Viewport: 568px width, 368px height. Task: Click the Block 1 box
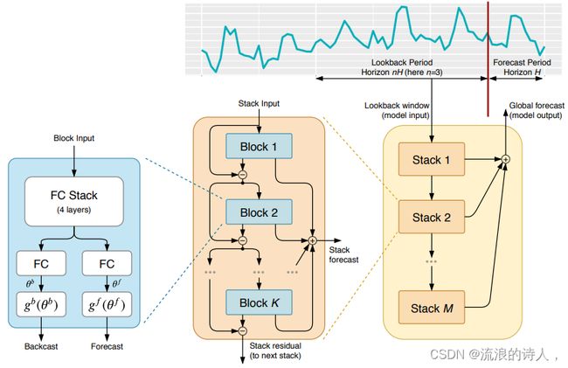(259, 146)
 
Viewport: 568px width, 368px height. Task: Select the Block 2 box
(259, 212)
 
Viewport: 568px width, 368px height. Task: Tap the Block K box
(259, 302)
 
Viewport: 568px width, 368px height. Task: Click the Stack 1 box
(432, 159)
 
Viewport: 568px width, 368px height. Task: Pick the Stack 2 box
(432, 217)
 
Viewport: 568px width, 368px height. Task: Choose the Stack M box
(432, 308)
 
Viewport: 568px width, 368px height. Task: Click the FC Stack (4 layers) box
(74, 201)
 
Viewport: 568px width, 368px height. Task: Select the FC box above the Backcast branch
(41, 263)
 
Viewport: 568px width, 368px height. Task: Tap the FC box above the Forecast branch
(107, 263)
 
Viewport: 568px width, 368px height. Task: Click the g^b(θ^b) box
(41, 304)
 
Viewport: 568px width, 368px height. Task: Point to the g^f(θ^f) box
(107, 304)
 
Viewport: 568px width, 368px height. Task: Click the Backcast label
(41, 346)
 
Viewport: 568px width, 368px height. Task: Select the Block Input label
(74, 138)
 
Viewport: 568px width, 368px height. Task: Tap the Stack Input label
(259, 104)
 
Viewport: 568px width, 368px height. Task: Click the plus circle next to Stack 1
(506, 158)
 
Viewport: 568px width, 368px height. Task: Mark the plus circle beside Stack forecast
(312, 240)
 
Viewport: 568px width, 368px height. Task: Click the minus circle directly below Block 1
(243, 175)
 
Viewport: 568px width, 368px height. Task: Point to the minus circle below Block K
(243, 330)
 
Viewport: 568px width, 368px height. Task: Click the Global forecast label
(537, 106)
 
